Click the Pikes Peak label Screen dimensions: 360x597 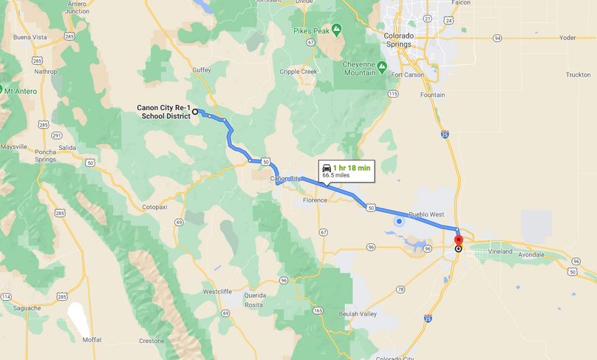tap(313, 30)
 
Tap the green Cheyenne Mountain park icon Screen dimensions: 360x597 tap(382, 67)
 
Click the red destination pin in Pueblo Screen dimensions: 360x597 tap(458, 241)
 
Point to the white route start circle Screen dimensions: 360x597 tap(196, 112)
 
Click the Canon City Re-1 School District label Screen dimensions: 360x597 tap(164, 112)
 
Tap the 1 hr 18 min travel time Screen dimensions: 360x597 tap(352, 168)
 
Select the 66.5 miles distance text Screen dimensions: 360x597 tap(337, 176)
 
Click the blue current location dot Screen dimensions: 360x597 tap(399, 220)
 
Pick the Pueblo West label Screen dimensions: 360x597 tap(427, 214)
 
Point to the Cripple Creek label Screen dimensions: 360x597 tap(298, 72)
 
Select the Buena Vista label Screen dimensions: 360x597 tap(30, 37)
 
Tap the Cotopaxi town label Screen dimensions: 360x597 tap(155, 207)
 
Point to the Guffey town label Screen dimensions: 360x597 tap(202, 70)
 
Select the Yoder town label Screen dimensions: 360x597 tap(567, 37)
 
